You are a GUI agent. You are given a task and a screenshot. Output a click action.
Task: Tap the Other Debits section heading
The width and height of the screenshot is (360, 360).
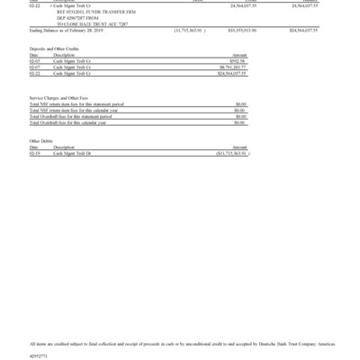coord(41,141)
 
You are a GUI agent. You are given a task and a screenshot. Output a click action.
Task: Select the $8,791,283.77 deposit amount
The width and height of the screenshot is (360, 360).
coord(233,66)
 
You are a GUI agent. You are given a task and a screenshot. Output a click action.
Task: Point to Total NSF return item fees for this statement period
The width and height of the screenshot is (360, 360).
coord(76,103)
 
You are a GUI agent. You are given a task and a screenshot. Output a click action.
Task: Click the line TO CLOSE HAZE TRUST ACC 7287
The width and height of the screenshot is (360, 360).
coord(92,22)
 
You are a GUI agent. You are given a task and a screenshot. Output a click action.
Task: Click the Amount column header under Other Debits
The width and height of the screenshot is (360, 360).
coord(239,148)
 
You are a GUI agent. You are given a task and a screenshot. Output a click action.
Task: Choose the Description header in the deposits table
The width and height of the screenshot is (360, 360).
coord(63,54)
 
